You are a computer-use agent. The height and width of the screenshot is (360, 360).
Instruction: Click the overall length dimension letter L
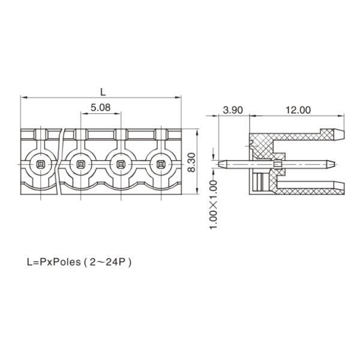(103, 91)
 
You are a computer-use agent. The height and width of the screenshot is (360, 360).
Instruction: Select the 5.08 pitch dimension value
(100, 108)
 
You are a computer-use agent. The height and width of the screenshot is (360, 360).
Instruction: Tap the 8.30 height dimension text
(191, 162)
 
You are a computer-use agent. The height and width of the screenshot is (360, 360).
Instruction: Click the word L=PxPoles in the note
(53, 262)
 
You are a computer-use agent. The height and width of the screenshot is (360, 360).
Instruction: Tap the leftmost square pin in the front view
(40, 163)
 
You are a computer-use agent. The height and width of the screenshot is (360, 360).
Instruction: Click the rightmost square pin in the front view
(160, 163)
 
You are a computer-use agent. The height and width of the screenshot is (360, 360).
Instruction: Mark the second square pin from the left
(80, 163)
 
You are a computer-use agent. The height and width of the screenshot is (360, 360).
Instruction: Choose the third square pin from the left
(120, 163)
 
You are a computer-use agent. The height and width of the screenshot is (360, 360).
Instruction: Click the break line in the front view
(62, 162)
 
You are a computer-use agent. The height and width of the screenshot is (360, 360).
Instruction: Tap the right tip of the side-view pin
(331, 163)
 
